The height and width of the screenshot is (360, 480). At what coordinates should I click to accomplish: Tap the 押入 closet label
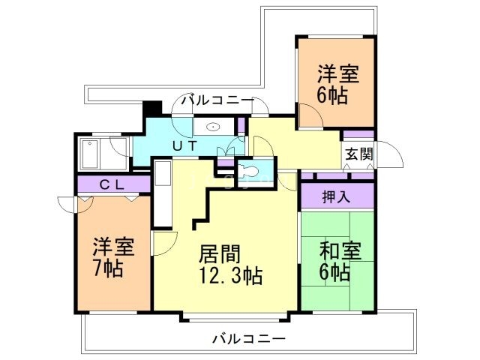click(336, 197)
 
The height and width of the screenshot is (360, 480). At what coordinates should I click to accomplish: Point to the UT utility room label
click(185, 147)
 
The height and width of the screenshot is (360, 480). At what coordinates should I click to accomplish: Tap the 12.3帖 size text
click(230, 275)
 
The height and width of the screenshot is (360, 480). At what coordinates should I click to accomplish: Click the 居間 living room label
click(218, 253)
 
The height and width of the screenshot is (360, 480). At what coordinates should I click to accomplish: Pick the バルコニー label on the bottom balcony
click(248, 339)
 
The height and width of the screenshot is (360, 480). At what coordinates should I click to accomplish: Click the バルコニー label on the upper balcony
click(217, 100)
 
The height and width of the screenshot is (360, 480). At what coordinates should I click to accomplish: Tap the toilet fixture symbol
click(250, 173)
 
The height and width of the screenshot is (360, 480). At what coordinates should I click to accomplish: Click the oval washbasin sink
click(212, 127)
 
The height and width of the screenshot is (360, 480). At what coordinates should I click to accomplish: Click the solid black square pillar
click(151, 109)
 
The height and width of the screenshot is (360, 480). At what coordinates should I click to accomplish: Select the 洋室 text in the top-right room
click(337, 75)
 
